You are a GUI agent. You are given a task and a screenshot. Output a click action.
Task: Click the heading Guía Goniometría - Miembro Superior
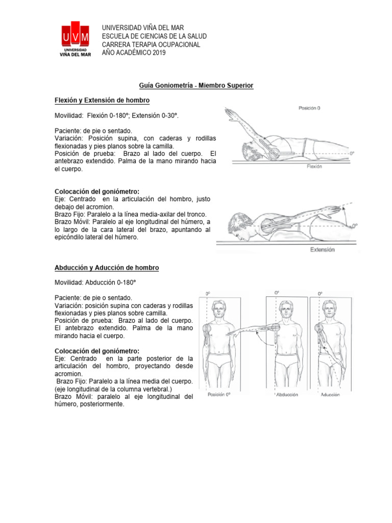point(196,85)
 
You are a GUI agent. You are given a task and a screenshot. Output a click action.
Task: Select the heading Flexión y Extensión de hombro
point(102,100)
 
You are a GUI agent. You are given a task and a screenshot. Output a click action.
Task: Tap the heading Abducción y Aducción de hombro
point(107,268)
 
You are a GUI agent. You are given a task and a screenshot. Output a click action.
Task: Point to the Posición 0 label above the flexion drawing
point(309,108)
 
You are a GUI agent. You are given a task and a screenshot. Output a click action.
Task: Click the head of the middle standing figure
point(285,309)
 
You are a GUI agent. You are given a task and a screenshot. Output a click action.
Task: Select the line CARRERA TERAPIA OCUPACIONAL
point(151,44)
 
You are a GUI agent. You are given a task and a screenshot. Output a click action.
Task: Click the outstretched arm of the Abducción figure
point(250,331)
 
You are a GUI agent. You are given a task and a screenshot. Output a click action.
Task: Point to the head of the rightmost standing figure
point(328,309)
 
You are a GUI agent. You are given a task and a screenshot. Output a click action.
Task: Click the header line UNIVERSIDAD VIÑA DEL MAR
point(143,28)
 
